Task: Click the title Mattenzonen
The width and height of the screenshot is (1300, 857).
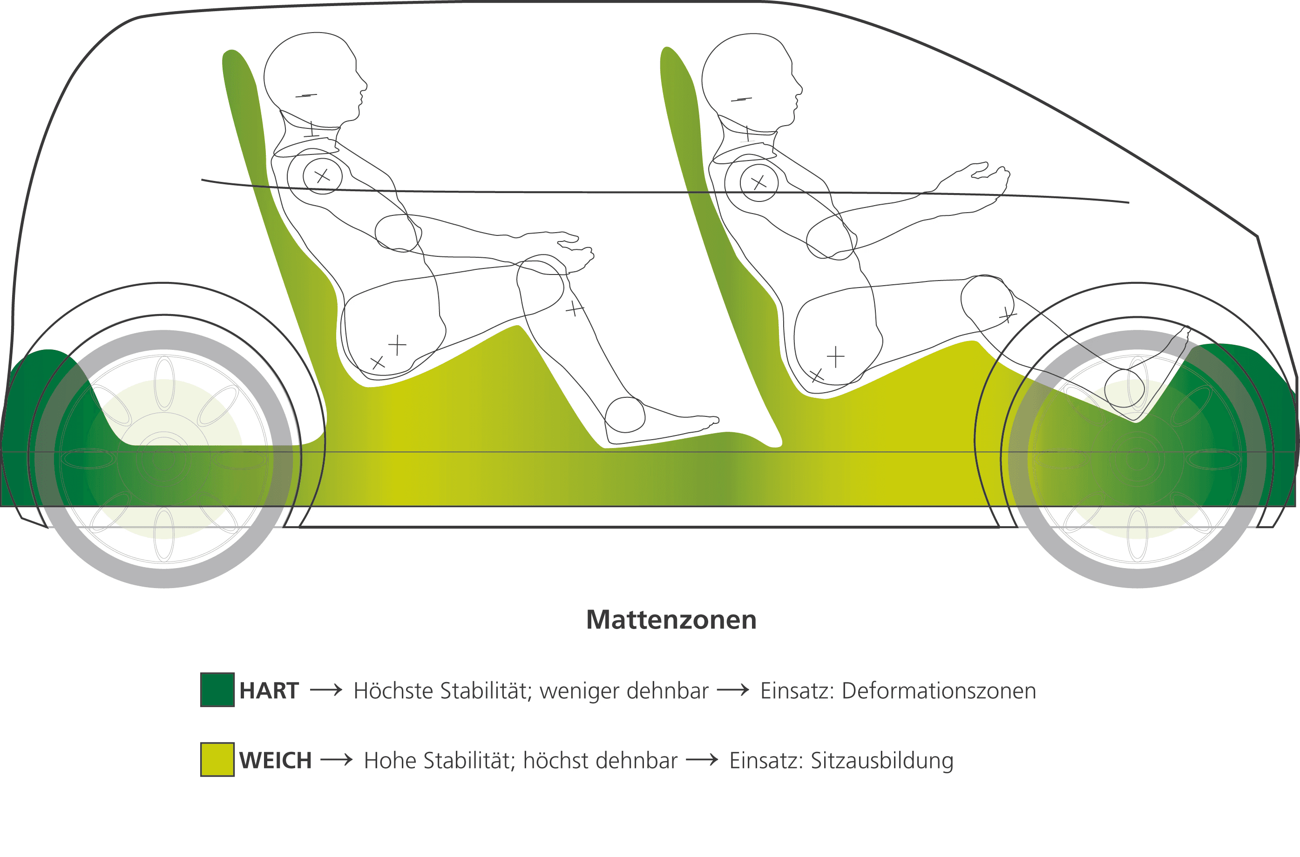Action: tap(671, 620)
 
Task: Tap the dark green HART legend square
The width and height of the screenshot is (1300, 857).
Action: tap(217, 690)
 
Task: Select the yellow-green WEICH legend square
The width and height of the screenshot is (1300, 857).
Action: tap(217, 760)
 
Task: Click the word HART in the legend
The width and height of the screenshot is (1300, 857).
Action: tap(269, 691)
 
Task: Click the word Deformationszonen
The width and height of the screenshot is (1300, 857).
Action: tap(939, 691)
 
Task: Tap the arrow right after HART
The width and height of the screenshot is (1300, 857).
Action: tap(326, 690)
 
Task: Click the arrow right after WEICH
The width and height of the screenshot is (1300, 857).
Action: tap(336, 760)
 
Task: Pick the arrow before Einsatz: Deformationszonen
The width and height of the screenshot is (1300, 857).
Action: tap(733, 690)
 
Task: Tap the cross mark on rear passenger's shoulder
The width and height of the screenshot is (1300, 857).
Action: tap(322, 176)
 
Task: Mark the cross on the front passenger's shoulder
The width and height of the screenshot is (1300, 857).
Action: tap(758, 182)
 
